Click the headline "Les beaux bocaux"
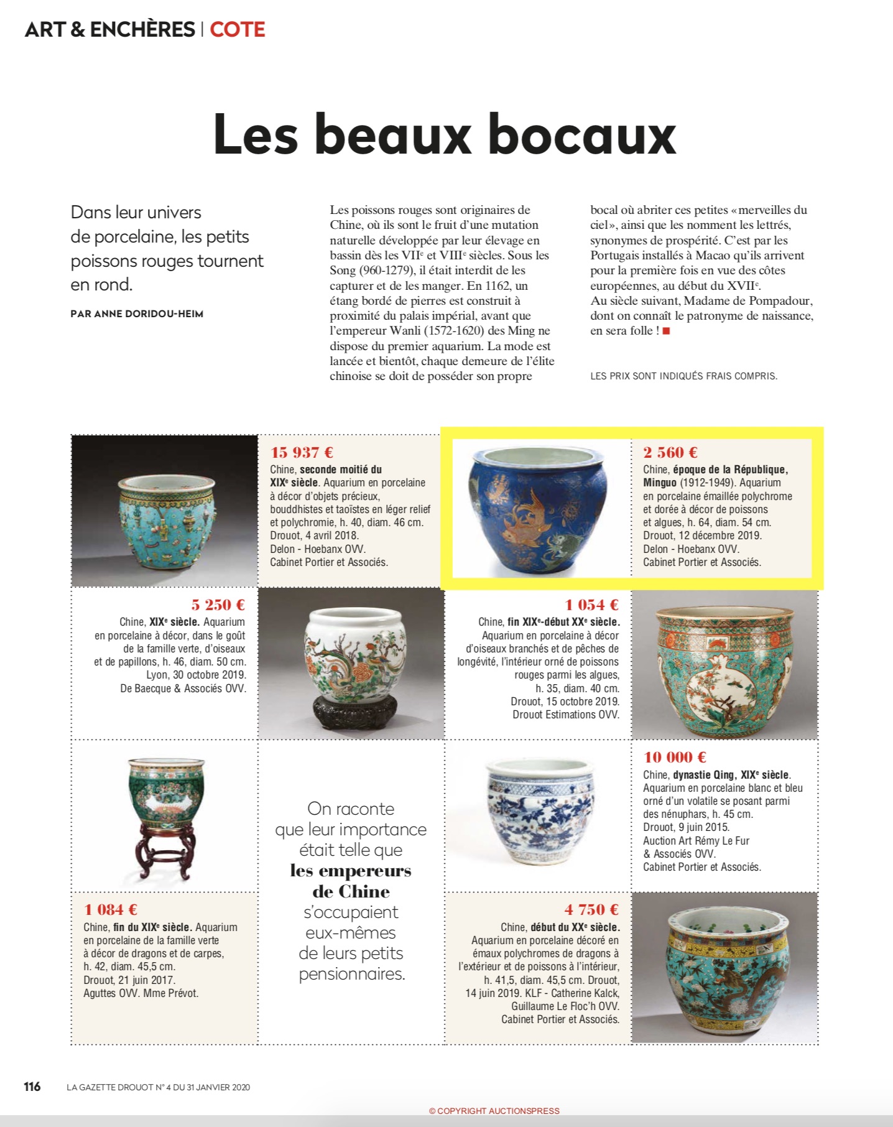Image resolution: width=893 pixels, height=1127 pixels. (x=445, y=136)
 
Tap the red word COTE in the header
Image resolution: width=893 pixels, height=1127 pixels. (x=237, y=29)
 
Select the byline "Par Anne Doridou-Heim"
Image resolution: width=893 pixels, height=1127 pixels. (x=137, y=314)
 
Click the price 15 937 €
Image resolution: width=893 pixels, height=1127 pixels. (x=302, y=452)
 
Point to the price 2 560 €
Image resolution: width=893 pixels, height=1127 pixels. (x=670, y=452)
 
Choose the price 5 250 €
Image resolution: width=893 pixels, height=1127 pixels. (x=218, y=605)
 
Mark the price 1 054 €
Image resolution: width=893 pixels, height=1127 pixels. (x=591, y=605)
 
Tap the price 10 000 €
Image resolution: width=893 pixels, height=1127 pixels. (x=675, y=757)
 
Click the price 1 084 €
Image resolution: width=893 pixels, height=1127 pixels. (x=111, y=909)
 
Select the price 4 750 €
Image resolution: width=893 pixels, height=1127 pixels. (x=591, y=909)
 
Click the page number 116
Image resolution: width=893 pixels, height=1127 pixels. (x=32, y=1087)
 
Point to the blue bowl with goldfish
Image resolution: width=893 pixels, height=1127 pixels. (x=539, y=507)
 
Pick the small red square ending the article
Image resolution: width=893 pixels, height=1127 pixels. (x=666, y=331)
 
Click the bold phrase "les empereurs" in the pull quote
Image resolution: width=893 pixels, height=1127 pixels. (x=351, y=870)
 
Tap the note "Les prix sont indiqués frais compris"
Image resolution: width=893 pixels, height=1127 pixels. (x=683, y=376)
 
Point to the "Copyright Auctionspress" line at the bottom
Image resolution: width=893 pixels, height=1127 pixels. (x=494, y=1111)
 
